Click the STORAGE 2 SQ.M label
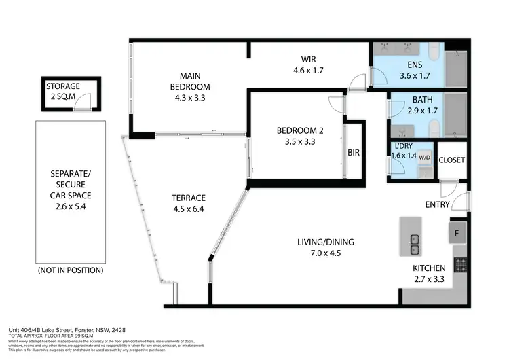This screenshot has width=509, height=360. pyautogui.click(x=63, y=92)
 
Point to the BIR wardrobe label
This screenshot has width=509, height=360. pyautogui.click(x=354, y=154)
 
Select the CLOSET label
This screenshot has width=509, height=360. pyautogui.click(x=451, y=160)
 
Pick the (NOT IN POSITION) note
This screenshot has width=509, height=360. pyautogui.click(x=71, y=270)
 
